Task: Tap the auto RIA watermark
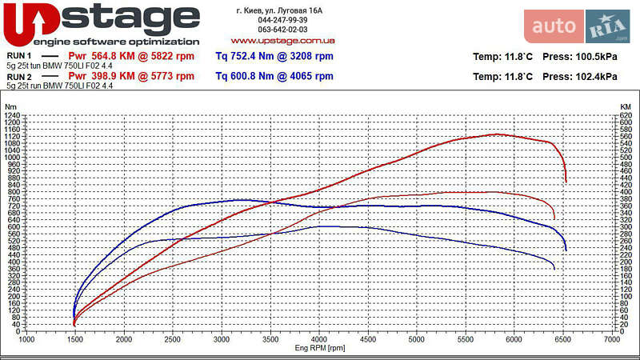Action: (577, 26)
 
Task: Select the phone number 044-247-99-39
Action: (282, 20)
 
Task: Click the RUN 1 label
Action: (18, 56)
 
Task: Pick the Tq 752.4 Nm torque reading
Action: (274, 56)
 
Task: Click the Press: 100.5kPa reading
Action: (579, 57)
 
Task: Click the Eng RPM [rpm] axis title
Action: (320, 348)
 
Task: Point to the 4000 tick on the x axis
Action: (319, 340)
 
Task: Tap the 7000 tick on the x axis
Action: (612, 340)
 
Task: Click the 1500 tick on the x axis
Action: (75, 340)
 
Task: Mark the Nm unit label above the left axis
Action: (10, 106)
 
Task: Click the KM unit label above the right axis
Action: (626, 106)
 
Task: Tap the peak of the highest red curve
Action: (497, 134)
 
